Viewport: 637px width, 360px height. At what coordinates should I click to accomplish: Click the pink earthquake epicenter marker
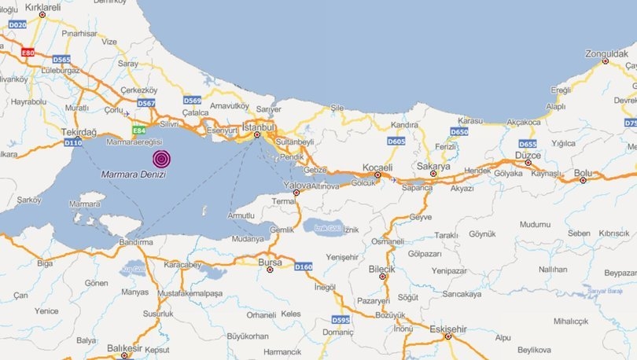point(161,157)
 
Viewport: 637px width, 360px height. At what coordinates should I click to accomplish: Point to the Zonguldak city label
point(608,54)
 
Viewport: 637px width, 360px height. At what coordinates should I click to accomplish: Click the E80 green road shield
point(28,53)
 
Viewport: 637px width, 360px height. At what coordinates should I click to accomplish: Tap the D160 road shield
point(304,267)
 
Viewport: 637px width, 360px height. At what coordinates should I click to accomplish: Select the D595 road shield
point(340,319)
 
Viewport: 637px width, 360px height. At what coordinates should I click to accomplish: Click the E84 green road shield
point(139,129)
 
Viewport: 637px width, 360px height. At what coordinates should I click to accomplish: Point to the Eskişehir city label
point(448,329)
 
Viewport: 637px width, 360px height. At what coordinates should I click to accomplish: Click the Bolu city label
point(583,172)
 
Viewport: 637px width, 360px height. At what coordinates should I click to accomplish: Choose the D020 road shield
point(17,24)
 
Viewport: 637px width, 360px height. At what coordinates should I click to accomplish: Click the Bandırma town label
point(136,243)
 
